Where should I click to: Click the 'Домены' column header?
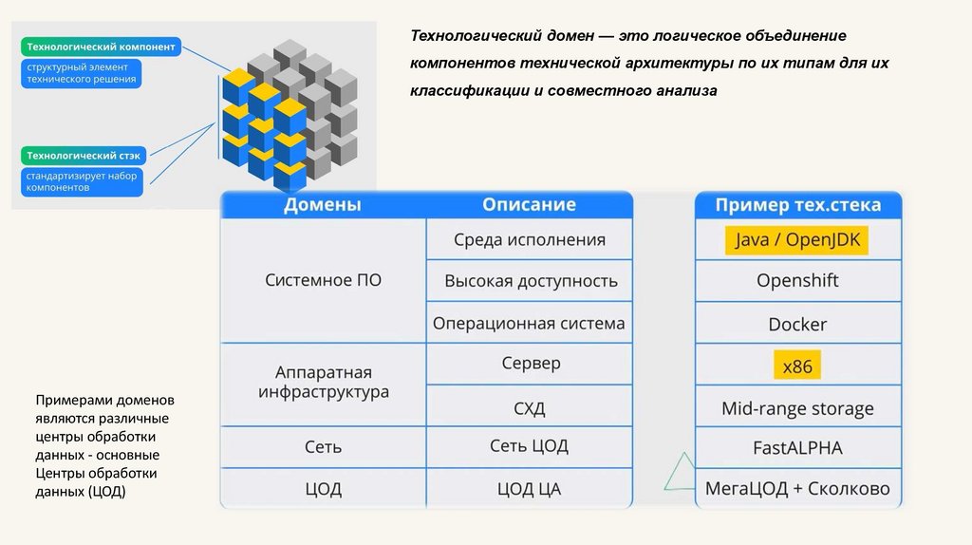[323, 205]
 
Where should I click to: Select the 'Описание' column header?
[529, 205]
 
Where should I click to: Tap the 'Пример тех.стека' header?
[797, 205]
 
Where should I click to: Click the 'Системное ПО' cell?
[323, 280]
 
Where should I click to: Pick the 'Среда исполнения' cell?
[529, 239]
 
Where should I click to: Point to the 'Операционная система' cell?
[529, 323]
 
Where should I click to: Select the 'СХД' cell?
[529, 409]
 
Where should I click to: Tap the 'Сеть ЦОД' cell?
[529, 446]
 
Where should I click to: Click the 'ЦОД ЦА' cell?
[529, 489]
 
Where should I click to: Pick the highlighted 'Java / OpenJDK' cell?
[797, 240]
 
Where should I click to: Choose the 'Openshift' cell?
[797, 281]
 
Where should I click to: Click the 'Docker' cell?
[797, 324]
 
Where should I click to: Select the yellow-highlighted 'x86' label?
[797, 366]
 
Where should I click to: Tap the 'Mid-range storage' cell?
[797, 409]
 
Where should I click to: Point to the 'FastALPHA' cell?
[797, 447]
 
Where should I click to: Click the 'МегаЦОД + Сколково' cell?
[797, 489]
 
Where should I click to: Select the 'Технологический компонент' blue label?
[101, 46]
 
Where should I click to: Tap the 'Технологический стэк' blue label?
[84, 155]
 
